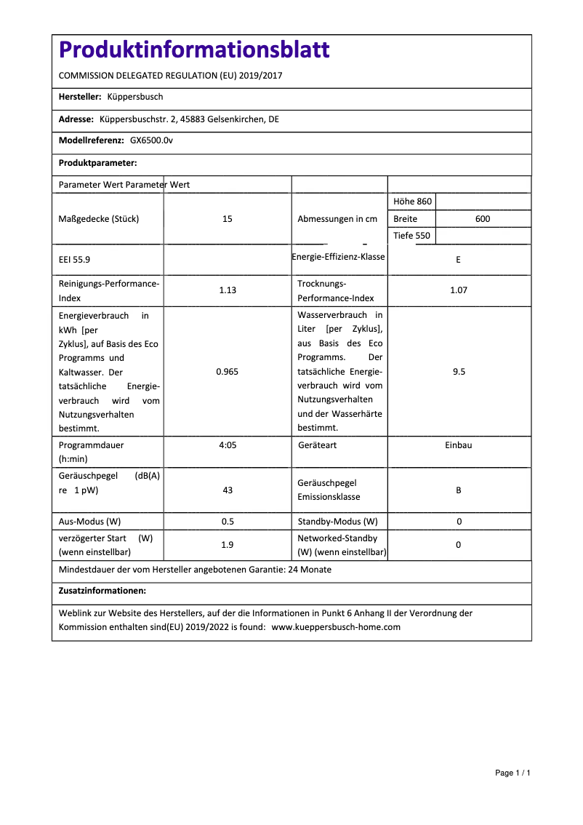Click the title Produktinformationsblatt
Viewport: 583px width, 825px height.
pos(194,50)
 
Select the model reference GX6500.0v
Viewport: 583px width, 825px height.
pos(151,140)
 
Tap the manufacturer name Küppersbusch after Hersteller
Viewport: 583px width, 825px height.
pos(135,97)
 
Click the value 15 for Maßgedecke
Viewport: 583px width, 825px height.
pos(228,219)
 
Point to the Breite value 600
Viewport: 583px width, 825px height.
pos(483,219)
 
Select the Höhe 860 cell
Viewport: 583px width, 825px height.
pos(412,202)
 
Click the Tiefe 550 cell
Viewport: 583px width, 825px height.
pos(411,236)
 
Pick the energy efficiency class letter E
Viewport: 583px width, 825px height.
pos(459,260)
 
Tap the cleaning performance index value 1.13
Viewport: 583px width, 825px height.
pos(228,290)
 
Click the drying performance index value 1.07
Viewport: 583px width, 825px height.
pos(459,290)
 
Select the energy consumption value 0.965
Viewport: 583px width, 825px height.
pos(228,372)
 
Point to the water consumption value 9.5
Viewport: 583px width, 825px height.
pos(459,372)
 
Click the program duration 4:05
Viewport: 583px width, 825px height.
pos(228,445)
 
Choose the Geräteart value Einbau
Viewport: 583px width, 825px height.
pos(459,445)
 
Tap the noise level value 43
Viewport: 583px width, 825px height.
pos(228,490)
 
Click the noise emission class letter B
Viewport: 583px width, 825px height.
pos(459,490)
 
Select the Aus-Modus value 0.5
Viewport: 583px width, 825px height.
pos(228,522)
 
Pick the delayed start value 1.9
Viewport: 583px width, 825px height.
pos(228,545)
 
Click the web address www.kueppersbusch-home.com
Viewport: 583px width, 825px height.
pos(336,627)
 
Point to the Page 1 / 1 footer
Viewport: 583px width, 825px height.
pos(512,773)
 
